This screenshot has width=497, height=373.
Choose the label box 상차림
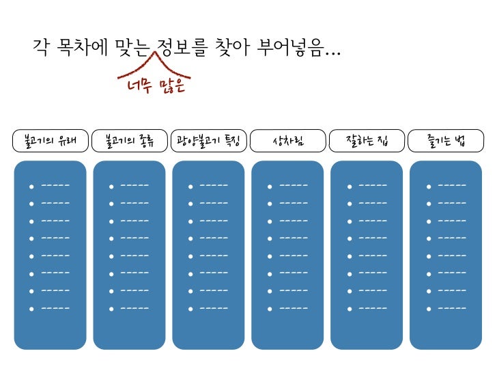click(x=287, y=141)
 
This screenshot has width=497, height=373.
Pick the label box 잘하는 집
click(x=367, y=141)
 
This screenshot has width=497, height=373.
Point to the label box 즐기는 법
click(x=446, y=141)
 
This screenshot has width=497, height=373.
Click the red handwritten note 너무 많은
click(x=156, y=87)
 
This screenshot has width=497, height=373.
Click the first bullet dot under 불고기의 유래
click(x=31, y=186)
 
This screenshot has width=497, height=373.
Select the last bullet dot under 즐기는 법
click(x=427, y=309)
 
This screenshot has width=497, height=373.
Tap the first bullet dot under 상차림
click(x=269, y=186)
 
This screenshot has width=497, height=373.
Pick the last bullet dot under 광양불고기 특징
click(x=190, y=309)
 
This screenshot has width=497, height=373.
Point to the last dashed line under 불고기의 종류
click(x=135, y=308)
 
